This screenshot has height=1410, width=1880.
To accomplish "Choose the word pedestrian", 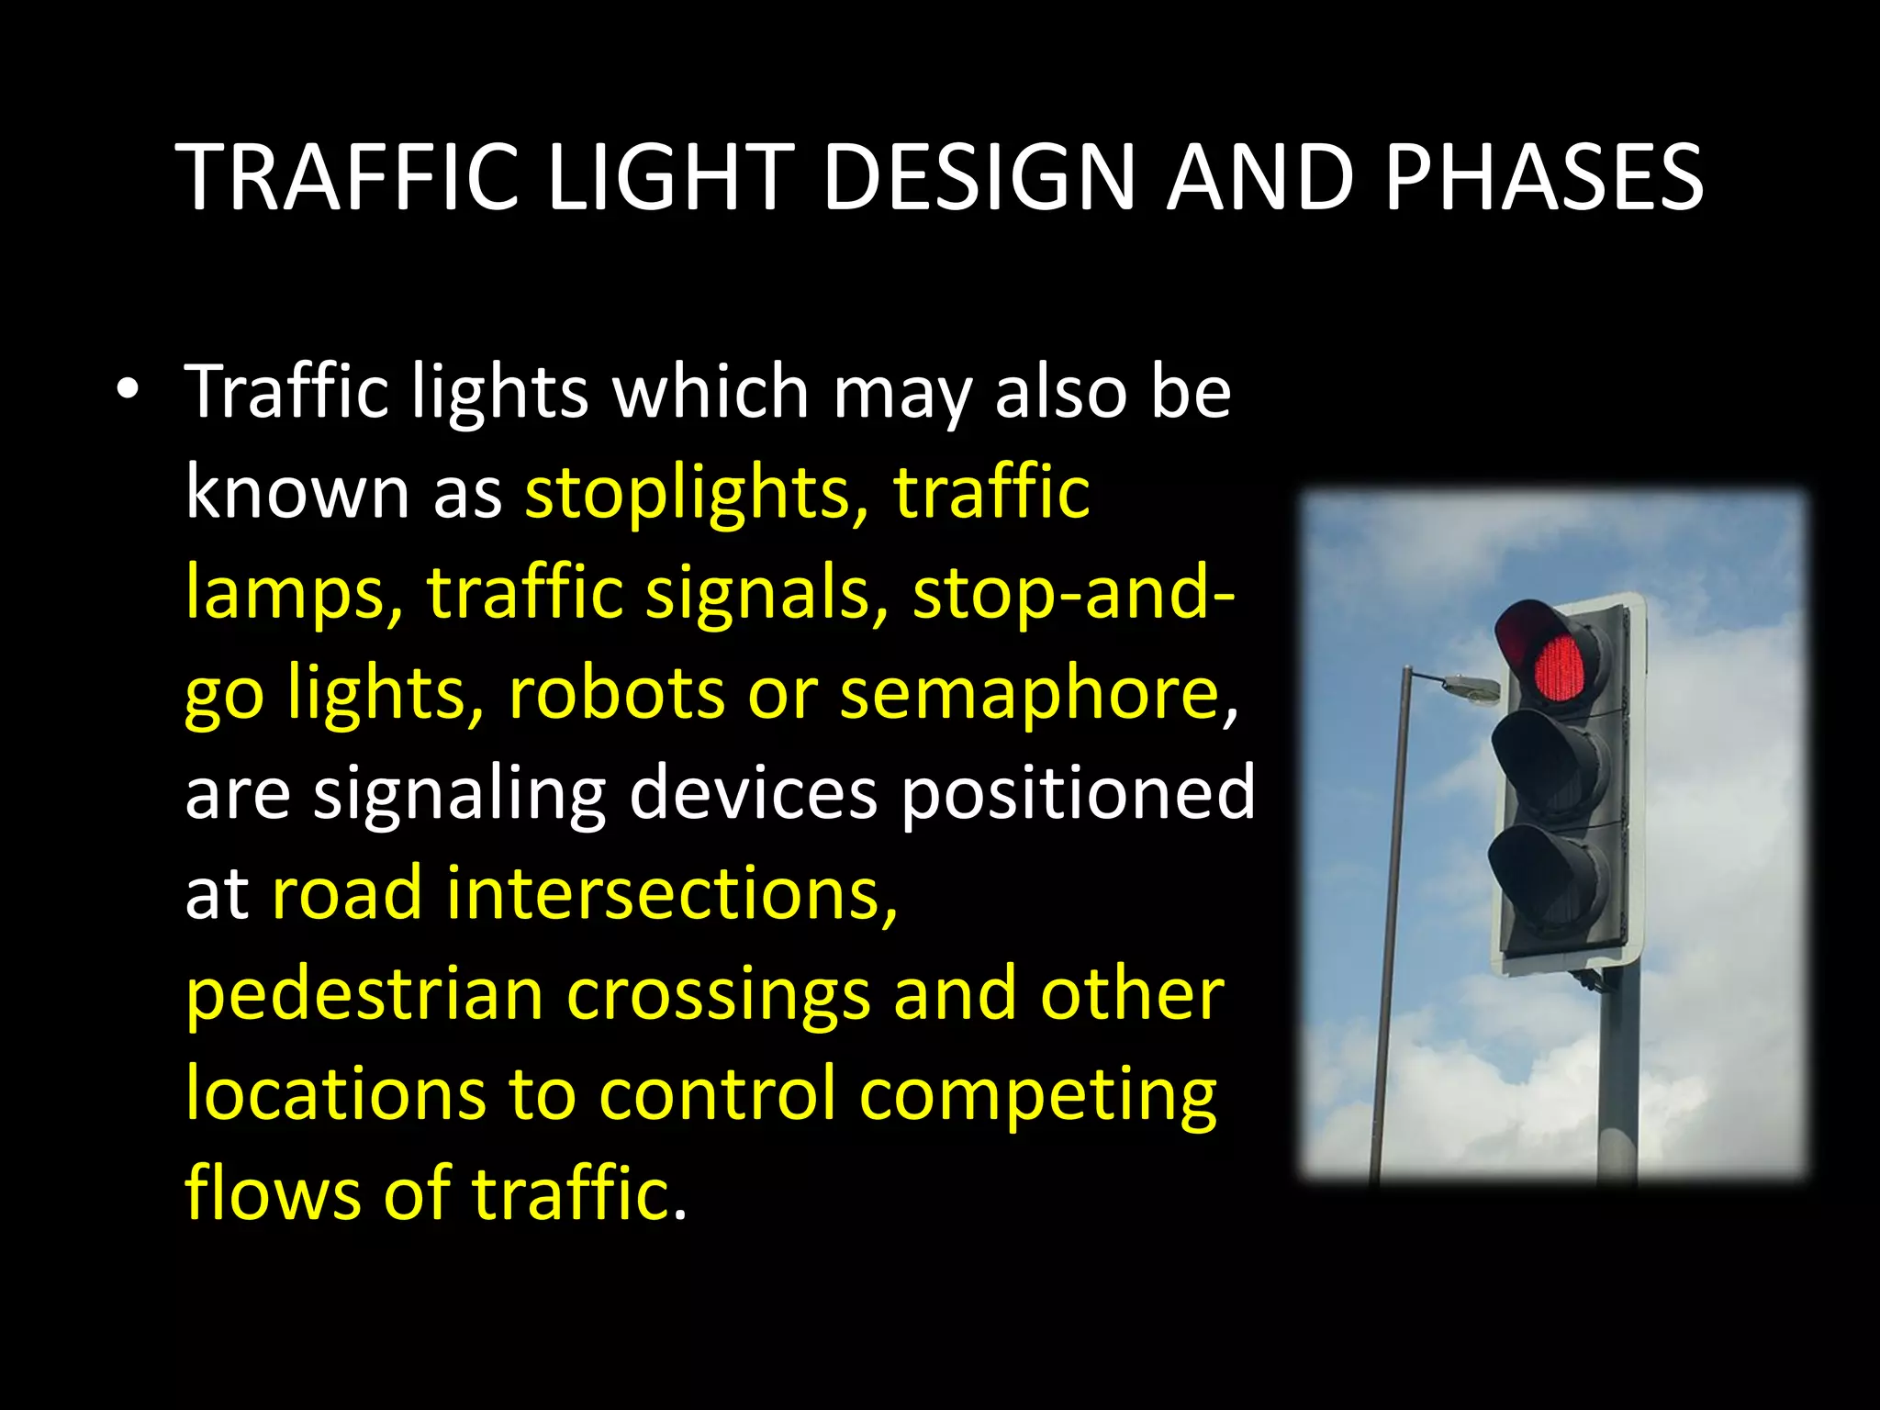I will click(364, 997).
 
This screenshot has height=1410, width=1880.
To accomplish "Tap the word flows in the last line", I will click(273, 1193).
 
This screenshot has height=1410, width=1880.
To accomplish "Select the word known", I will click(297, 492).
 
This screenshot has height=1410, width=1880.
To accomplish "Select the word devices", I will click(753, 794).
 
